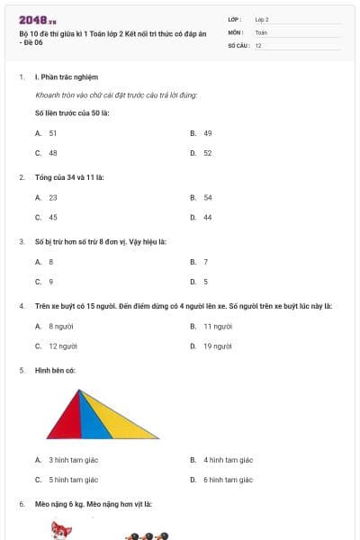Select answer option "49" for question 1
coord(207,132)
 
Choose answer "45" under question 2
coord(53,217)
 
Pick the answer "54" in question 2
coord(207,197)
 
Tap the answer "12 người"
coord(62,346)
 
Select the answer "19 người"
coord(217,346)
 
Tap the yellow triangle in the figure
coord(121,418)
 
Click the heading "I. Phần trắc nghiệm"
coord(66,77)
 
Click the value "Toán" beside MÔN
coord(261,31)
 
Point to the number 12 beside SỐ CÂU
coord(258,45)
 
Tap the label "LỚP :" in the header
coord(235,19)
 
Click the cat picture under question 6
coord(61,530)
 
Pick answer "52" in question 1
coord(207,153)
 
